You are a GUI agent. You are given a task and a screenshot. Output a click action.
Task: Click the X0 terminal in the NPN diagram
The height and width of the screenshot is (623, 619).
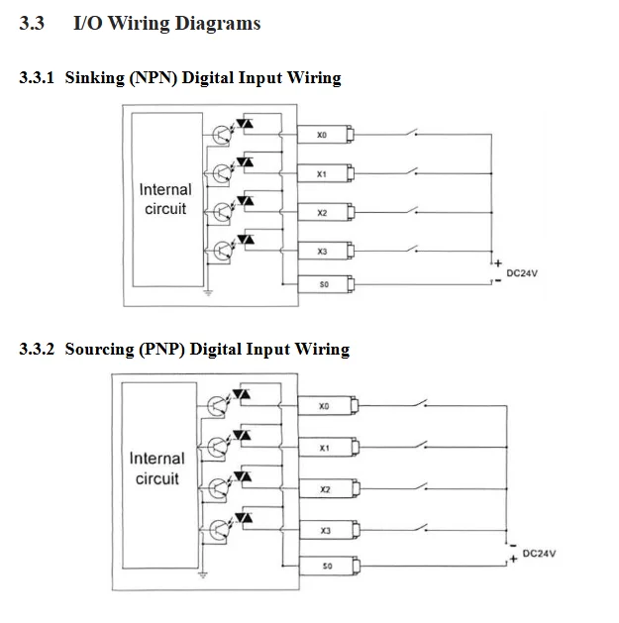[x=326, y=135]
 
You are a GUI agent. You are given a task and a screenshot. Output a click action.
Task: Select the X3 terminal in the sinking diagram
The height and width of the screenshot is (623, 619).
[x=326, y=252]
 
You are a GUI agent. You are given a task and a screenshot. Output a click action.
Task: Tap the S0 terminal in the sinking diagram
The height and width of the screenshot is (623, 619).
[x=326, y=284]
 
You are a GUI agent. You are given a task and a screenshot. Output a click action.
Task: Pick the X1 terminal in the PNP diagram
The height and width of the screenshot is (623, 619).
[x=329, y=448]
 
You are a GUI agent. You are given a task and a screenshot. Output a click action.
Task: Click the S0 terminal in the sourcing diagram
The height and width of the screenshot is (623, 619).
[x=329, y=566]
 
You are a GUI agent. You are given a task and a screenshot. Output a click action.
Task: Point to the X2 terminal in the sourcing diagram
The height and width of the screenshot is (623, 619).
[x=329, y=489]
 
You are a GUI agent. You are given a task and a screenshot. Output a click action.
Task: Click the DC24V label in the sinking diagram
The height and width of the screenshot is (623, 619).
[x=522, y=273]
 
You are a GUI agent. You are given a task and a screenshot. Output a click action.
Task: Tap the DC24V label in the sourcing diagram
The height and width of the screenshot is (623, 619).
[x=539, y=554]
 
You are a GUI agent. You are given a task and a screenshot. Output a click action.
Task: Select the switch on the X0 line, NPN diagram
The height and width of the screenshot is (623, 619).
[x=412, y=132]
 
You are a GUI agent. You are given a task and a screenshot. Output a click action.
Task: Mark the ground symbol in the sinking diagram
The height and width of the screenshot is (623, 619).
[x=208, y=293]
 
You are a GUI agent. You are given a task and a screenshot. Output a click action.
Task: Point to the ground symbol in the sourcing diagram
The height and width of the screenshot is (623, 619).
[x=203, y=574]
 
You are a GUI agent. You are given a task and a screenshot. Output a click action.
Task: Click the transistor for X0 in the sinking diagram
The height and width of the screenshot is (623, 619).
[x=221, y=135]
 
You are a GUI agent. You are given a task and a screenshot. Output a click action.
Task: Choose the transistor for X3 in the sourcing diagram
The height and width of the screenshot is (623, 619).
[x=217, y=529]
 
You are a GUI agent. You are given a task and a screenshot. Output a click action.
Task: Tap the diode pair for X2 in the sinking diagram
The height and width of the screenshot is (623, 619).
[x=246, y=201]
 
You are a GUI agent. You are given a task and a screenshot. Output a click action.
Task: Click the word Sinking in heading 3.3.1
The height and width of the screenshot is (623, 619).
[x=94, y=77]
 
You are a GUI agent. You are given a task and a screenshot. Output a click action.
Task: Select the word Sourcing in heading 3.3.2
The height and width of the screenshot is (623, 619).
[x=99, y=350]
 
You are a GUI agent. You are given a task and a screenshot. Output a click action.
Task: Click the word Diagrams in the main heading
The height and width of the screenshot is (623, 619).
[x=218, y=23]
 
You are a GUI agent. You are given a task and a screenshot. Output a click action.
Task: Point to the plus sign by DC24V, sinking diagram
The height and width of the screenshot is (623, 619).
[x=498, y=263]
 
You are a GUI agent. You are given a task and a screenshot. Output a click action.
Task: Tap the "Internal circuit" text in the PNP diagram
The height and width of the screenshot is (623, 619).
[x=156, y=468]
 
